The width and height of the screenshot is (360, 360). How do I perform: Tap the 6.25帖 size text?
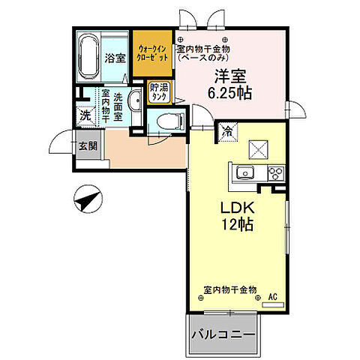click(x=231, y=93)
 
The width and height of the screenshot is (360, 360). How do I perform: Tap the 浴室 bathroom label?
click(x=114, y=57)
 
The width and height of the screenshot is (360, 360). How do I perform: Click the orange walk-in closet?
click(x=153, y=54)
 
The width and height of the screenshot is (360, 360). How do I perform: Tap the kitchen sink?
click(x=245, y=174)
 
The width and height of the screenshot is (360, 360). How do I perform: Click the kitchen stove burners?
click(x=274, y=174)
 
